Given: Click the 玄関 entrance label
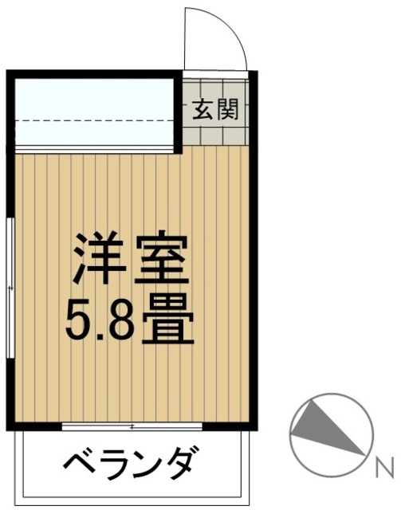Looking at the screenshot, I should tap(214, 110).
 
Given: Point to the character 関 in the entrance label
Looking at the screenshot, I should tap(226, 110).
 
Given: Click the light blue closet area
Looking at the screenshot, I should tap(95, 112).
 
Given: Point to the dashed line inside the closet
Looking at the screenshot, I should tap(95, 120).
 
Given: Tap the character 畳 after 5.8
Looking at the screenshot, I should tap(169, 320).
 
